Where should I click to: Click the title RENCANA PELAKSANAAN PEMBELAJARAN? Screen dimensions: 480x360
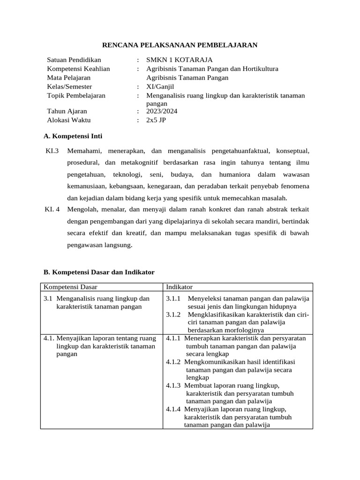pyautogui.click(x=180, y=45)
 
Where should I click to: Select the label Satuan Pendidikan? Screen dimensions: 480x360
pyautogui.click(x=74, y=60)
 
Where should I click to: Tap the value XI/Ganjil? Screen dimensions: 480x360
pyautogui.click(x=159, y=87)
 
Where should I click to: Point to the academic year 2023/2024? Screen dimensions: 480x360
pyautogui.click(x=162, y=111)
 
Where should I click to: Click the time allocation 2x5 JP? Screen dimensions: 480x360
pyautogui.click(x=156, y=120)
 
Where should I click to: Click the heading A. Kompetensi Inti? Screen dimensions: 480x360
pyautogui.click(x=73, y=136)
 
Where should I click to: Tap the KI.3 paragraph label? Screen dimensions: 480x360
pyautogui.click(x=52, y=151)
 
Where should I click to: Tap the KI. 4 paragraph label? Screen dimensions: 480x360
pyautogui.click(x=52, y=209)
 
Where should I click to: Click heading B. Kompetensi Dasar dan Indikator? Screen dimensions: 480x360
pyautogui.click(x=98, y=272)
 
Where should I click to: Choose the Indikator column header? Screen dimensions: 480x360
pyautogui.click(x=179, y=287)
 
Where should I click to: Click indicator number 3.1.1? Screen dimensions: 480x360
pyautogui.click(x=174, y=298)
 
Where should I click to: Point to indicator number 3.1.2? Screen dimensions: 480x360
pyautogui.click(x=174, y=314)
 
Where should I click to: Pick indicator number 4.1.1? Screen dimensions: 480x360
pyautogui.click(x=173, y=338)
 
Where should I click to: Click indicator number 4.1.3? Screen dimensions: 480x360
pyautogui.click(x=173, y=385)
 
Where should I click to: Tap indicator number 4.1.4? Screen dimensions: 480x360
pyautogui.click(x=173, y=409)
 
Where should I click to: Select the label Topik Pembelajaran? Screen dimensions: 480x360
pyautogui.click(x=76, y=96)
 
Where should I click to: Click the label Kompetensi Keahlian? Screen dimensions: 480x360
pyautogui.click(x=78, y=69)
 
